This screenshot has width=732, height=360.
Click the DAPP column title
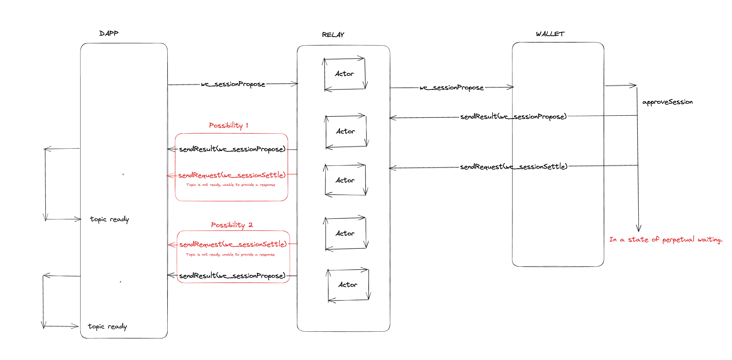(x=109, y=34)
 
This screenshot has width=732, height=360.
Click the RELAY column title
(x=333, y=35)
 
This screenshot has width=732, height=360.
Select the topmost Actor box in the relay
(x=345, y=74)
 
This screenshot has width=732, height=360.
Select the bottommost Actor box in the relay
(x=348, y=285)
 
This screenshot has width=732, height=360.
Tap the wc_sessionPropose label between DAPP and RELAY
(x=233, y=84)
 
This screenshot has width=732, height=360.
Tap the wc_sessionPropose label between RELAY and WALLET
(x=451, y=88)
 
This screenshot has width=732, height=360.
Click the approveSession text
(x=667, y=102)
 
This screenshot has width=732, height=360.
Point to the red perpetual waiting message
(x=665, y=240)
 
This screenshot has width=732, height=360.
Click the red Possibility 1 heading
(x=229, y=125)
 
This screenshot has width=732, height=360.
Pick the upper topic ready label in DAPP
(x=109, y=219)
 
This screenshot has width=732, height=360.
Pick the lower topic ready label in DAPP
(x=107, y=326)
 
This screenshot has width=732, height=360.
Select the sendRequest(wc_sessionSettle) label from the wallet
(x=513, y=167)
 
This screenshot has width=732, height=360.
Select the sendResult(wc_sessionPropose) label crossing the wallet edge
(x=513, y=116)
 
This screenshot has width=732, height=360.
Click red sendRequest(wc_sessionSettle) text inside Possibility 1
(x=232, y=175)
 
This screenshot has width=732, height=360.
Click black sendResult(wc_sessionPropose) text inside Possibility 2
(x=232, y=276)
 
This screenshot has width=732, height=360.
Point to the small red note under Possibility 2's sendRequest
(x=230, y=255)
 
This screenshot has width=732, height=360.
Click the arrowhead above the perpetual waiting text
(x=638, y=228)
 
